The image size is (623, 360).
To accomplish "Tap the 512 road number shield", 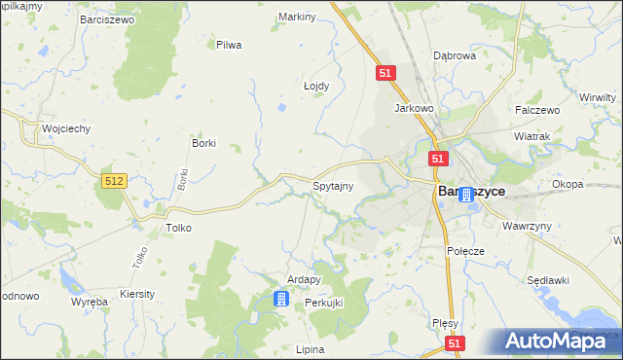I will [114, 181].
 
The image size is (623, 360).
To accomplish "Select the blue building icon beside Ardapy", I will [281, 299].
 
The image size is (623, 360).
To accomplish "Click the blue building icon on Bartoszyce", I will [466, 195].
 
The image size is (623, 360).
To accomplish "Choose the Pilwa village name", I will [229, 45].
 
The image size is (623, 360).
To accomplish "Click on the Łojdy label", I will [316, 86].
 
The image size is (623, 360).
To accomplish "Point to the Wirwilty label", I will [597, 98].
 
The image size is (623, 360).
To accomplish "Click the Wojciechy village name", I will [65, 128].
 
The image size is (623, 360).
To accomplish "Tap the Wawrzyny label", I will [527, 226].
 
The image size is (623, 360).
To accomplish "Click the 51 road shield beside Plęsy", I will [456, 343].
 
